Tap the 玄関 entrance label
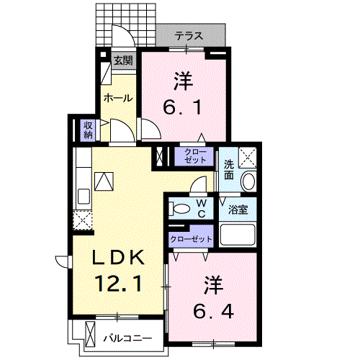tap(122, 60)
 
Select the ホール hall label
tap(117, 97)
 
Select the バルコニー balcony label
tap(127, 337)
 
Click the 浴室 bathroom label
tap(238, 211)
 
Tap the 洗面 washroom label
tap(228, 169)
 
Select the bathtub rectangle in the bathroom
tap(238, 235)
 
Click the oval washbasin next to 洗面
tap(248, 181)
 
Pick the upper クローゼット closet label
tap(194, 156)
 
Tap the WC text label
tap(202, 209)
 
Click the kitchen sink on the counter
tap(82, 195)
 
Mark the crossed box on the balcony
tap(90, 336)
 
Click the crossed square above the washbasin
tap(248, 156)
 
